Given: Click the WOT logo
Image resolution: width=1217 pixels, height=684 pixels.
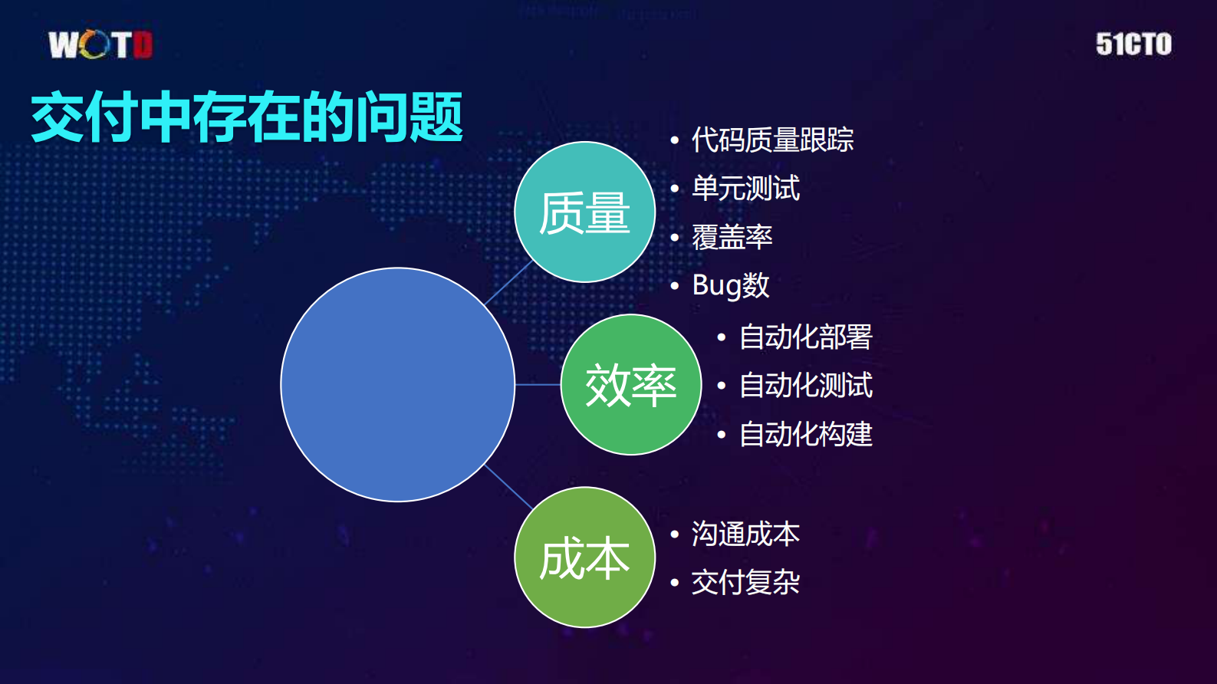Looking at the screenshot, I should point(100,44).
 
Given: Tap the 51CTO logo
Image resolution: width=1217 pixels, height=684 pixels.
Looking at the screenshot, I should point(1133,44).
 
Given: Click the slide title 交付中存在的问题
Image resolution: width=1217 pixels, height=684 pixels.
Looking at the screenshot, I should point(246,117).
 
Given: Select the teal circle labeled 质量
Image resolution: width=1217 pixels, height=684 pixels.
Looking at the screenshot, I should point(584,212).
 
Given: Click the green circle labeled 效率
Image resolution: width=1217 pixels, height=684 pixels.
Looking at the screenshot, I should point(630,385).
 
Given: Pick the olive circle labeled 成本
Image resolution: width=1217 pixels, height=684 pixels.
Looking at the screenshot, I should point(584,557).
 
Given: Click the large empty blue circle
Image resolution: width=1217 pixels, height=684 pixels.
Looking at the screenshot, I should point(397,385).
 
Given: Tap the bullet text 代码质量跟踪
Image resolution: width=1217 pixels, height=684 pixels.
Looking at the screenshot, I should point(772,140).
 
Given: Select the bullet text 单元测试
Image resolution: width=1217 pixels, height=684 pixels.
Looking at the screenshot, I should point(745,189).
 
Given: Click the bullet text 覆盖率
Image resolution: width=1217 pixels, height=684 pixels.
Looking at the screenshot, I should point(732,237).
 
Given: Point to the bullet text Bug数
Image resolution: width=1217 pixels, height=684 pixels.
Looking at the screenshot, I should point(730,285).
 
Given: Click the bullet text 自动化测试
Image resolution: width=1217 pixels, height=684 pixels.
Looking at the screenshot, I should point(805,386).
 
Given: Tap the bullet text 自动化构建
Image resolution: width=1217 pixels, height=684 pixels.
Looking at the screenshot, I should point(805,434).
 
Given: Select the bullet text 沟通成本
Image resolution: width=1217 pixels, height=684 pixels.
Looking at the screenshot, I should point(745,534).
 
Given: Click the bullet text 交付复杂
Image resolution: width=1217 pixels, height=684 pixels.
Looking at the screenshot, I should point(745,582).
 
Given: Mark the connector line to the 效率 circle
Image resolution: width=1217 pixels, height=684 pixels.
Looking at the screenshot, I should point(538,385).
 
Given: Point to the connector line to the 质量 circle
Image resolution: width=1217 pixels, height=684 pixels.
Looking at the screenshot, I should point(508,283).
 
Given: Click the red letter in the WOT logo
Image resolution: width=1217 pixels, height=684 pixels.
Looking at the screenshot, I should point(143,44).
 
